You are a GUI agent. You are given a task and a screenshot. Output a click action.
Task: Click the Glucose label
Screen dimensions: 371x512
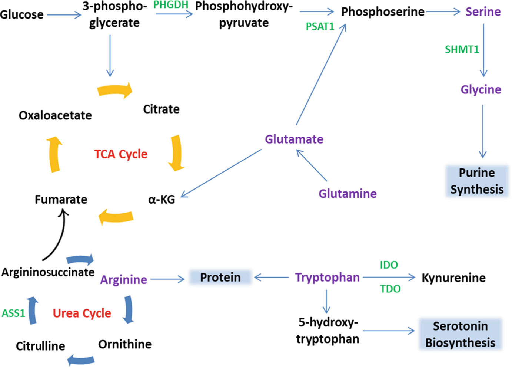(22, 15)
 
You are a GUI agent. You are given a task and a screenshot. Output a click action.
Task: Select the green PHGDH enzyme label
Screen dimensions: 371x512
(171, 5)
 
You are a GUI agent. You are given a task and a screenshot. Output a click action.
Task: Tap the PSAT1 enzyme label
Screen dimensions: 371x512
(320, 27)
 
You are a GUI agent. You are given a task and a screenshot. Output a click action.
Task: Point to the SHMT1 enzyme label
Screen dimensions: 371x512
(462, 49)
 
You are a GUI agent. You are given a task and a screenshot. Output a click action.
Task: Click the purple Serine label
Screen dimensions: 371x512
(483, 12)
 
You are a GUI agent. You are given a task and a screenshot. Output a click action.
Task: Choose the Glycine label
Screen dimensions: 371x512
(481, 89)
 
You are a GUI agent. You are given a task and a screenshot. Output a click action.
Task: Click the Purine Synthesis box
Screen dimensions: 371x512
(477, 181)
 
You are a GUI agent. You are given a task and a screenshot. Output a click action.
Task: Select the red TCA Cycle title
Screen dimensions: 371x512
(121, 154)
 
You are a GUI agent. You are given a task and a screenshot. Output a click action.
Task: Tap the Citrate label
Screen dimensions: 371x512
(161, 109)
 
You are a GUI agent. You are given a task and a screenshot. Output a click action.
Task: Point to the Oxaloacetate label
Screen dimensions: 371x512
(55, 115)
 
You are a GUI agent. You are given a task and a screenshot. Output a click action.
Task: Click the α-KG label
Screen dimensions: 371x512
(162, 200)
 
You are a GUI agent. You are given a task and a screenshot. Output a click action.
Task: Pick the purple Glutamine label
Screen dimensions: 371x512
(348, 194)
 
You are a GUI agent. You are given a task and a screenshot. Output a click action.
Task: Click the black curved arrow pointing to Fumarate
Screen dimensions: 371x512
(59, 237)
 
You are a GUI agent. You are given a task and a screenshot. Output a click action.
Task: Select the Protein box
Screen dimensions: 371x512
(220, 278)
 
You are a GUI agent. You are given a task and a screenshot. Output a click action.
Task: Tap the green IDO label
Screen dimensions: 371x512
(389, 265)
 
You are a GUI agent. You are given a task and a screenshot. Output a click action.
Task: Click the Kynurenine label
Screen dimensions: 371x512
(453, 278)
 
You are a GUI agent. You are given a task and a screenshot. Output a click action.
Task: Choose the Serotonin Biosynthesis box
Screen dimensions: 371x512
(460, 334)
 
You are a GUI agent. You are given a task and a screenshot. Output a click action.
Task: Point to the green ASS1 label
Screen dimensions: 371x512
(13, 313)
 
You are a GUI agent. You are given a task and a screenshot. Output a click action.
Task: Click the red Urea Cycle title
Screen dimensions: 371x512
(82, 313)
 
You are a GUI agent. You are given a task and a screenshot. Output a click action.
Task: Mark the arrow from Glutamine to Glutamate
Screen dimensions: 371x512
(312, 165)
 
